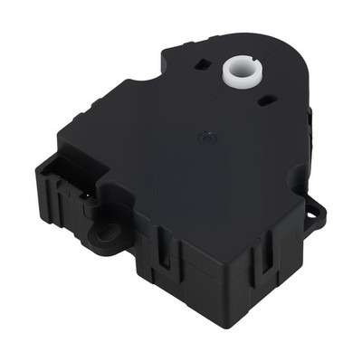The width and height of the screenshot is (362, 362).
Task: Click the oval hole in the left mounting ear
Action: (108, 233)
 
